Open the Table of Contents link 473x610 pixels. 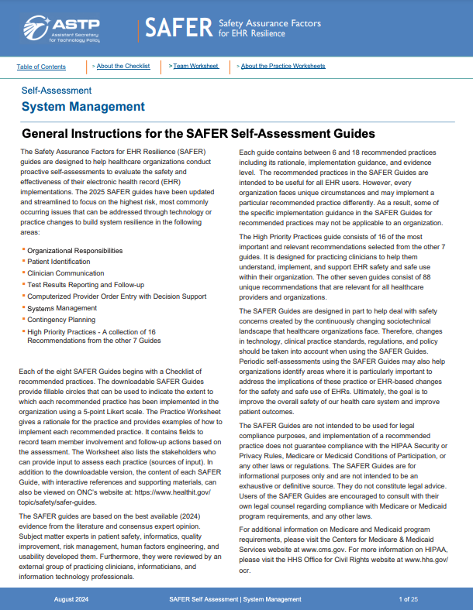click(41, 67)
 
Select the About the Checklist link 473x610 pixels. click(123, 67)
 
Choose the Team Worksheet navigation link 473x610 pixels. click(196, 67)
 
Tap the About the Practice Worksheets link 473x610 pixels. click(283, 67)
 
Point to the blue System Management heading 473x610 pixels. click(83, 107)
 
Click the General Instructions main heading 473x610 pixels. click(199, 134)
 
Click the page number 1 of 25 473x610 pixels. click(409, 599)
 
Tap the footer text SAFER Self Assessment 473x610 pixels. click(202, 599)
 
